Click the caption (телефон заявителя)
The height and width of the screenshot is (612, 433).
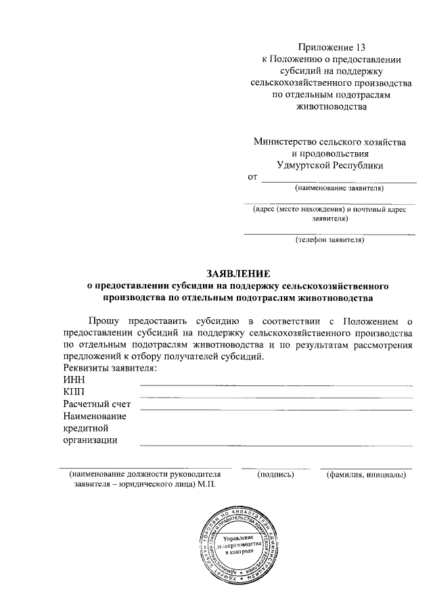pos(330,240)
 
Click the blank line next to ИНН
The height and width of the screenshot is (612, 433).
pos(275,385)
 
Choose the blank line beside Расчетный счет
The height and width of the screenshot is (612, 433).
pos(275,409)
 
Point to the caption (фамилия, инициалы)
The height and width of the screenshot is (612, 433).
pos(366,475)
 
